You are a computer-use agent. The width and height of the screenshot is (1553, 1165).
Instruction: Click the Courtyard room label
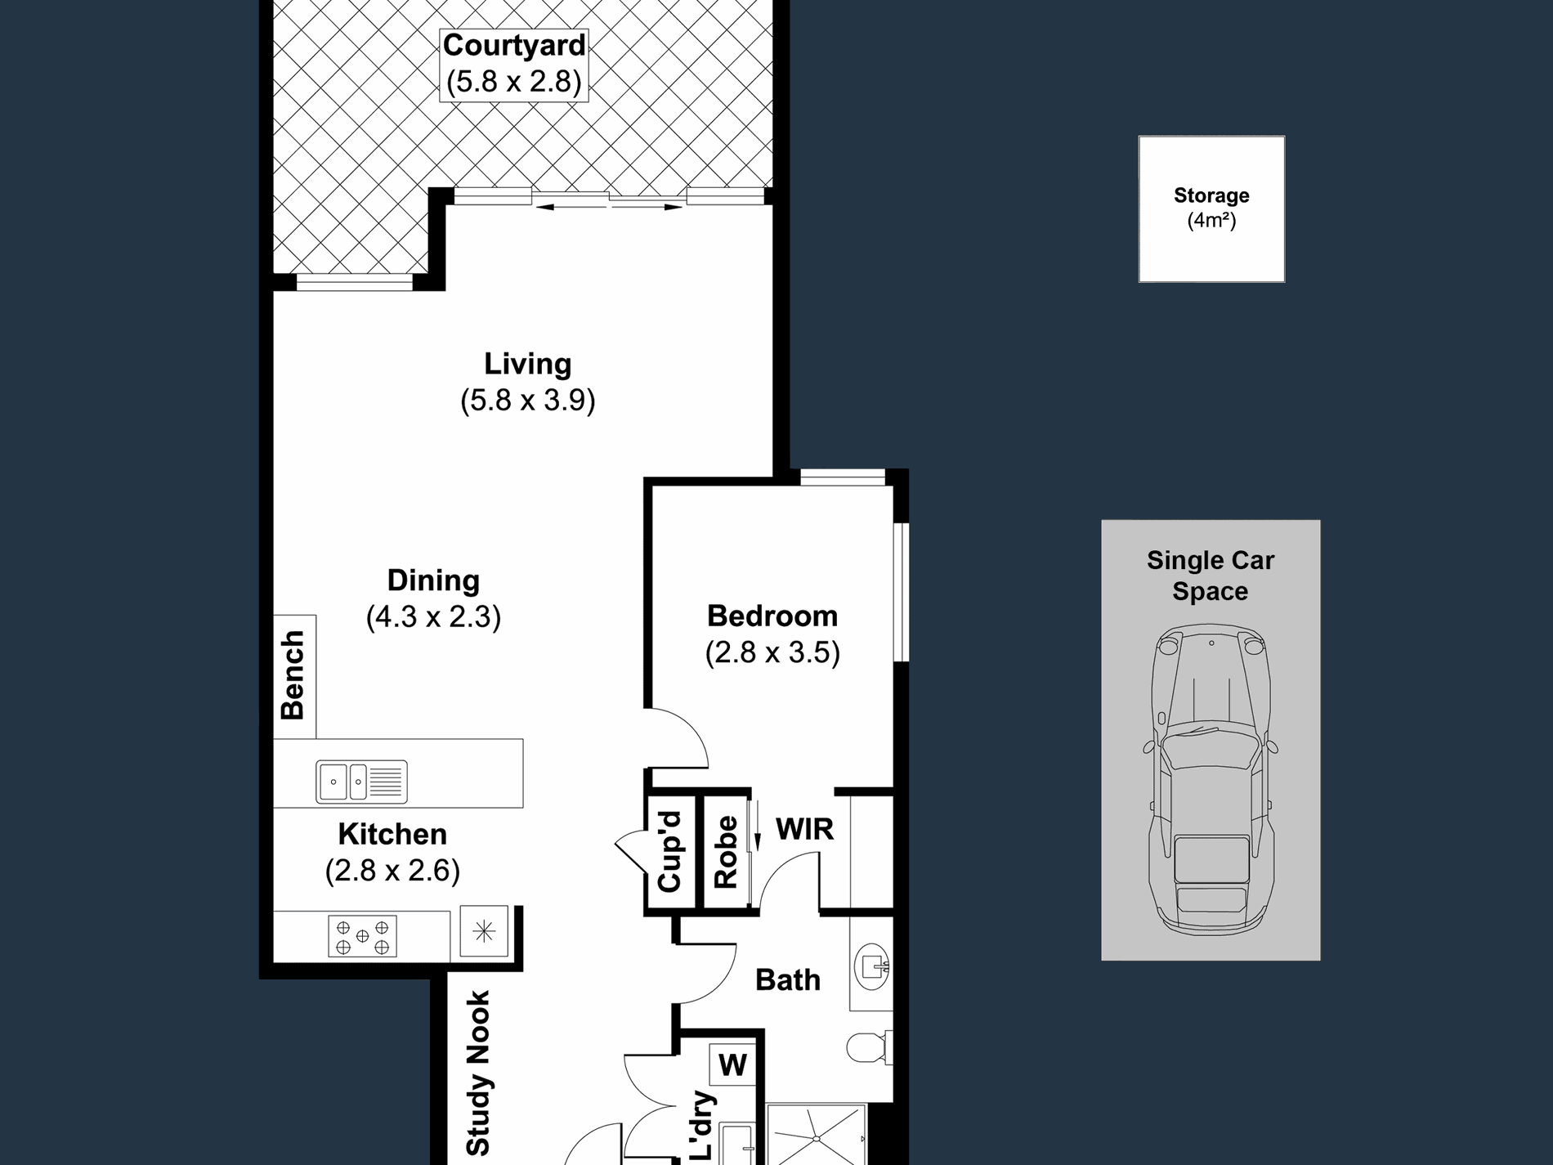pos(514,45)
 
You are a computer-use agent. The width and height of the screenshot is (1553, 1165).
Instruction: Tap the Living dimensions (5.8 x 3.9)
pos(528,401)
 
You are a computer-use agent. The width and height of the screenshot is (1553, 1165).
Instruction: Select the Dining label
pos(433,580)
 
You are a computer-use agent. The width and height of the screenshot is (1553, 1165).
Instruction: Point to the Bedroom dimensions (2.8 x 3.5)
pos(772,652)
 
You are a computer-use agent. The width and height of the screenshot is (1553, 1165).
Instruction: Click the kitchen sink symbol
pos(361,781)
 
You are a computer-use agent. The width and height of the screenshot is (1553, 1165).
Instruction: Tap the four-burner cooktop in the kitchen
pos(362,936)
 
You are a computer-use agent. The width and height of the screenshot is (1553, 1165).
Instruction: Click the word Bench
pos(293,675)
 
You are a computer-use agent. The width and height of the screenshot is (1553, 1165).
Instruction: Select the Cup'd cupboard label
pos(669,852)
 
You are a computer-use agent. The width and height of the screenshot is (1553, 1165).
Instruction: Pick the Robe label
pos(726,852)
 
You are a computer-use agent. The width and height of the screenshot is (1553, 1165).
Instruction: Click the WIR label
pos(804,829)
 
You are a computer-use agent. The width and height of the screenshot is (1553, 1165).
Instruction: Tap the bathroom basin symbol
pos(872,967)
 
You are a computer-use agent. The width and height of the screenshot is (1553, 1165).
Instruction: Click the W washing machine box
pos(732,1065)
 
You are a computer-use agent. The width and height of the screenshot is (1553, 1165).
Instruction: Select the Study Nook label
pos(477,1073)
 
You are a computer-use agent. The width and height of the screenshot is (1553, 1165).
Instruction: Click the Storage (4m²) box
pos(1211,209)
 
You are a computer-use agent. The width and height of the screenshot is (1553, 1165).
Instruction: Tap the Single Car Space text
pos(1211,576)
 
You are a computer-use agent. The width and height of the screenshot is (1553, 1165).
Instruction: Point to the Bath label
pos(787,979)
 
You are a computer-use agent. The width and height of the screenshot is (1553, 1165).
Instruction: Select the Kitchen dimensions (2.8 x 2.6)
pos(392,871)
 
